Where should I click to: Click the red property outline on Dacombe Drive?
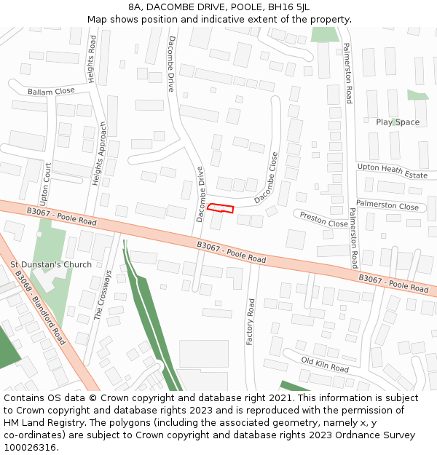click(x=221, y=209)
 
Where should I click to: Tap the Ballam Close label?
click(x=51, y=92)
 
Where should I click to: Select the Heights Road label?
click(x=92, y=59)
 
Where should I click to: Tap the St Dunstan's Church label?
click(x=51, y=264)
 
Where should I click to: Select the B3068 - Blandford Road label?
click(x=39, y=307)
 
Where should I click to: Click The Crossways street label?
click(x=103, y=295)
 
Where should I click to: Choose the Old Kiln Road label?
click(x=325, y=364)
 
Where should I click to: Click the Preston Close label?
click(x=323, y=218)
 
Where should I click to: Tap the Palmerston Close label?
click(x=387, y=206)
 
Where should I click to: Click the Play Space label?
click(x=398, y=122)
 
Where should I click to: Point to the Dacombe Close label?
click(x=267, y=177)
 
